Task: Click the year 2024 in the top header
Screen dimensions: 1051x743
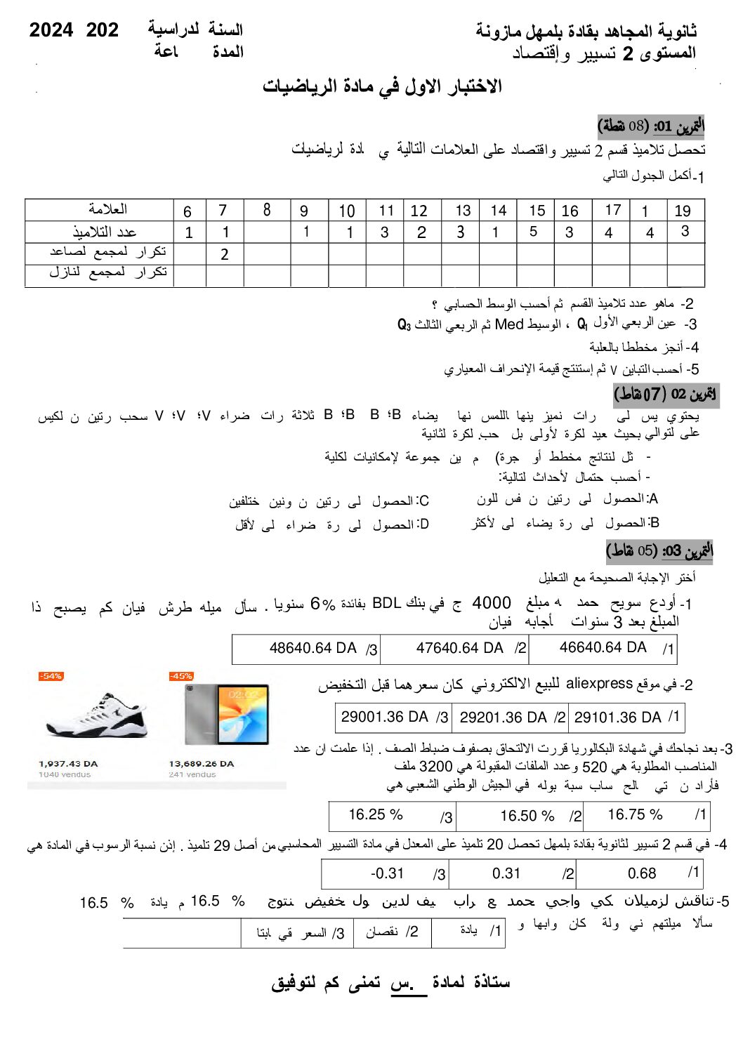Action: click(x=51, y=30)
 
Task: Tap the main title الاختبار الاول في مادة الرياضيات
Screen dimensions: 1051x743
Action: click(x=382, y=86)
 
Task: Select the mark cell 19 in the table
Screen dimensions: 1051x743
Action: click(x=683, y=211)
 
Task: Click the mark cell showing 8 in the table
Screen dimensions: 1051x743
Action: click(x=267, y=210)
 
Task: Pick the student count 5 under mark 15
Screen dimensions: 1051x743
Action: click(x=533, y=232)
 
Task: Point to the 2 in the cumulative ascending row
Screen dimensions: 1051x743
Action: click(x=224, y=254)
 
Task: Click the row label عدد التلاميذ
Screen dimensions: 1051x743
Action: click(x=105, y=232)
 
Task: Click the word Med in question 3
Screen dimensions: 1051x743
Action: click(x=509, y=324)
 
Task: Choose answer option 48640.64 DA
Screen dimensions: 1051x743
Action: click(x=313, y=648)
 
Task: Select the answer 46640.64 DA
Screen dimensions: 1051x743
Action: click(x=603, y=647)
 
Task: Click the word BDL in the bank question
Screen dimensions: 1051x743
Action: click(x=386, y=603)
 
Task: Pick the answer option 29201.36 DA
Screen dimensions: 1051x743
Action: click(x=503, y=717)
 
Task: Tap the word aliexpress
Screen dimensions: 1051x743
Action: click(x=599, y=683)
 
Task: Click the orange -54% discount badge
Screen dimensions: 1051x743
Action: click(x=51, y=676)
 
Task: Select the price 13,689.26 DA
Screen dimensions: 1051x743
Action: click(x=201, y=763)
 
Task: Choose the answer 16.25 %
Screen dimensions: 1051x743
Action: click(x=376, y=814)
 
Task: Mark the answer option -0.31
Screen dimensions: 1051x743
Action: click(x=387, y=873)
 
